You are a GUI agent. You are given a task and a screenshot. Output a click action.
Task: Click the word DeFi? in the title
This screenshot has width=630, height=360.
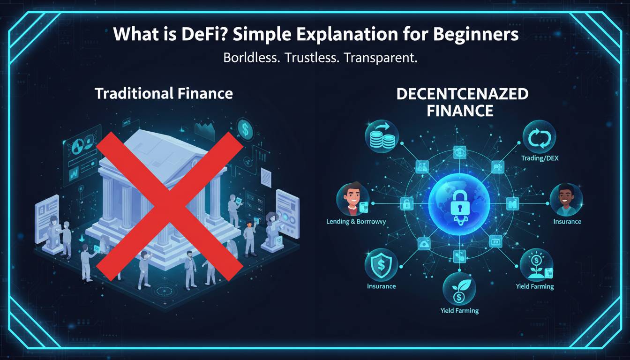pos(203,34)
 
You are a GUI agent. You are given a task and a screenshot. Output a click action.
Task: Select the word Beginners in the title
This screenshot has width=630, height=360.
pos(476,35)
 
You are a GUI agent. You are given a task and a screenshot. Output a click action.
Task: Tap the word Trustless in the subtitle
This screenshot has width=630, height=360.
pos(310,58)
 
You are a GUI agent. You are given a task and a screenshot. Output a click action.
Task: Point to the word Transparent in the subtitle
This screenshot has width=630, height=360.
pos(381,58)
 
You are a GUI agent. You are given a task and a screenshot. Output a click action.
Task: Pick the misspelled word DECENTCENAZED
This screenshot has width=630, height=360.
pos(462,94)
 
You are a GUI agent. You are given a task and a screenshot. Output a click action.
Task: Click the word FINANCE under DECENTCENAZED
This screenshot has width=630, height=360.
pos(460,111)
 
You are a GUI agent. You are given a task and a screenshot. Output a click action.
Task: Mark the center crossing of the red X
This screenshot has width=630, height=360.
pos(170,207)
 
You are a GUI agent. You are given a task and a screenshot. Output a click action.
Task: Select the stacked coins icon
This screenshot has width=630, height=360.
pos(382,137)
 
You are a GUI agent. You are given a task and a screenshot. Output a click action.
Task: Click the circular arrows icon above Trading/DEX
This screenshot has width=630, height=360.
pos(539,137)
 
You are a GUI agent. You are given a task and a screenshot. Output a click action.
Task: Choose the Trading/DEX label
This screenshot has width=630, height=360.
pos(540,158)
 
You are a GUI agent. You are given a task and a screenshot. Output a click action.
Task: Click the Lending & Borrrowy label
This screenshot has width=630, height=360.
pos(356,222)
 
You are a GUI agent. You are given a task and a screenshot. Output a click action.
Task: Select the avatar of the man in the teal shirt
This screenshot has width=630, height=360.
pos(566,200)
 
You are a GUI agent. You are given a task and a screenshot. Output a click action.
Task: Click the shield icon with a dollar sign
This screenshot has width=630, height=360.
pos(381,265)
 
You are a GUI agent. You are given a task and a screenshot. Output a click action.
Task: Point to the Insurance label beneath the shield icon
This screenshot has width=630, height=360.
pos(381,286)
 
